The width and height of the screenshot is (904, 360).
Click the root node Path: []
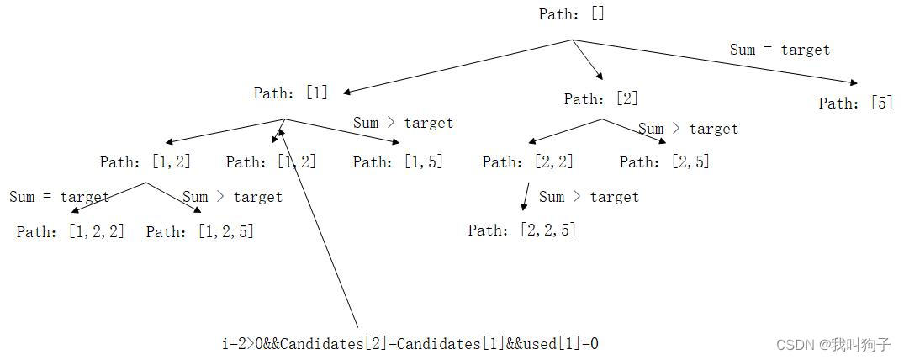572,14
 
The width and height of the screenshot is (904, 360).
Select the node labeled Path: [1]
291,93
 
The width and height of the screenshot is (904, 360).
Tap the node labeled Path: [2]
600,99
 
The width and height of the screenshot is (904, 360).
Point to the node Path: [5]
855,103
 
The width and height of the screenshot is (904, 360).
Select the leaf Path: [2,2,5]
522,230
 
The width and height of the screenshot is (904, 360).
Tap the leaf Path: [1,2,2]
71,231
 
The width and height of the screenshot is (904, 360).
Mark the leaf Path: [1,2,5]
200,231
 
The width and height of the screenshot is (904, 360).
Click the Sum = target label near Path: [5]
780,50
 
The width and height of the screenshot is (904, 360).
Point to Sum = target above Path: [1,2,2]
60,197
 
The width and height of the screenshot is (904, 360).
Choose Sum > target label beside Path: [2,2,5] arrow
589,197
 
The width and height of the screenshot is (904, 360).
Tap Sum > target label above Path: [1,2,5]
233,197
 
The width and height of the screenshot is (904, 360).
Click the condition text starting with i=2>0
410,343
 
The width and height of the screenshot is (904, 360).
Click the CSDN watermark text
833,345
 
